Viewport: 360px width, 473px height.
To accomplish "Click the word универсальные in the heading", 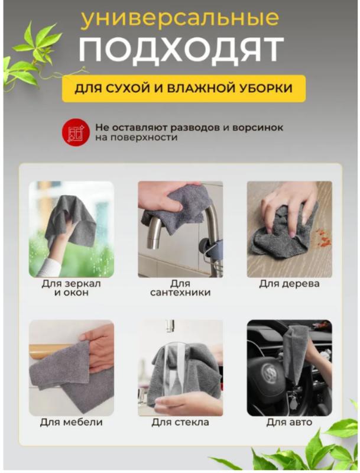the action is [x=180, y=19].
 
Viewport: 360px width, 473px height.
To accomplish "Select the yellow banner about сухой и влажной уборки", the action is [x=184, y=88].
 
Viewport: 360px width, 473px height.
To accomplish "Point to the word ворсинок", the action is [x=258, y=128].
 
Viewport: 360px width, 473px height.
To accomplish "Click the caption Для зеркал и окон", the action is [x=72, y=288].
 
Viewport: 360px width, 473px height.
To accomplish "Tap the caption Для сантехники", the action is [x=180, y=288].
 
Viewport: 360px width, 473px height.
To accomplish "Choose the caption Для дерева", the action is [x=290, y=284].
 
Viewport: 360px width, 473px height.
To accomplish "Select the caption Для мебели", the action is [x=72, y=422].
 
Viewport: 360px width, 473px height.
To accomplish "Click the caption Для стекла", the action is [x=180, y=422].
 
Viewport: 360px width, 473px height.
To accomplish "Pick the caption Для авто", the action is [x=289, y=422].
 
